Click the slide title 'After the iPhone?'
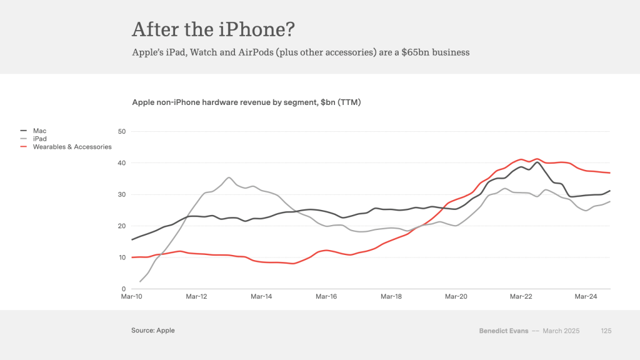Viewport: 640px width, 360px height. [213, 29]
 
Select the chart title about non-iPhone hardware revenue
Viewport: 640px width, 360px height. [246, 102]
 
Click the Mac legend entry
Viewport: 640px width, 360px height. [39, 131]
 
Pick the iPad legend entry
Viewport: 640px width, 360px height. [40, 139]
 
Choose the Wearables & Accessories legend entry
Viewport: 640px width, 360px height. [72, 147]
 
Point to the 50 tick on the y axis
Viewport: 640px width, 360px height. [122, 131]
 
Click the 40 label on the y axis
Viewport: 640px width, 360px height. [122, 163]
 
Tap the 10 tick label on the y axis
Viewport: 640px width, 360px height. [122, 257]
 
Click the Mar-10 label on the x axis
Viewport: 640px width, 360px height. [131, 297]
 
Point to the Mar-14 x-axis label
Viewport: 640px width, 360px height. [261, 297]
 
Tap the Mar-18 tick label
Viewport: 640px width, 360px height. [391, 297]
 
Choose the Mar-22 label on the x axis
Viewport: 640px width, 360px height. [521, 297]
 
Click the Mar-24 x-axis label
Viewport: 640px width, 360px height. [586, 297]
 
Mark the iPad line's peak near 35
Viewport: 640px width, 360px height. [229, 177]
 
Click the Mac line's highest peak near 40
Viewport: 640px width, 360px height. [537, 162]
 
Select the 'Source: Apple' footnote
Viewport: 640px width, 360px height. [153, 330]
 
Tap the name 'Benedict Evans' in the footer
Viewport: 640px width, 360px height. [503, 330]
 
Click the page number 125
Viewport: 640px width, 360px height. [606, 330]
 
